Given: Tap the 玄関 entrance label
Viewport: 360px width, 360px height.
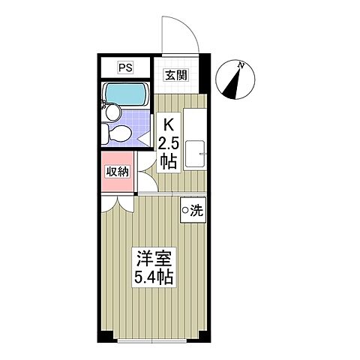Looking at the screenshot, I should [176, 74].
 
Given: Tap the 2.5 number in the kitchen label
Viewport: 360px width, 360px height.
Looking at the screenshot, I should [168, 143].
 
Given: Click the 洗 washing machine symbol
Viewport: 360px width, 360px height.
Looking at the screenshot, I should [191, 211].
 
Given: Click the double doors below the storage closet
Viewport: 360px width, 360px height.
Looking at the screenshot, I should [116, 198].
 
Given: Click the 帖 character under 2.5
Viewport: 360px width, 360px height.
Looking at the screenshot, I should [168, 161].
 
